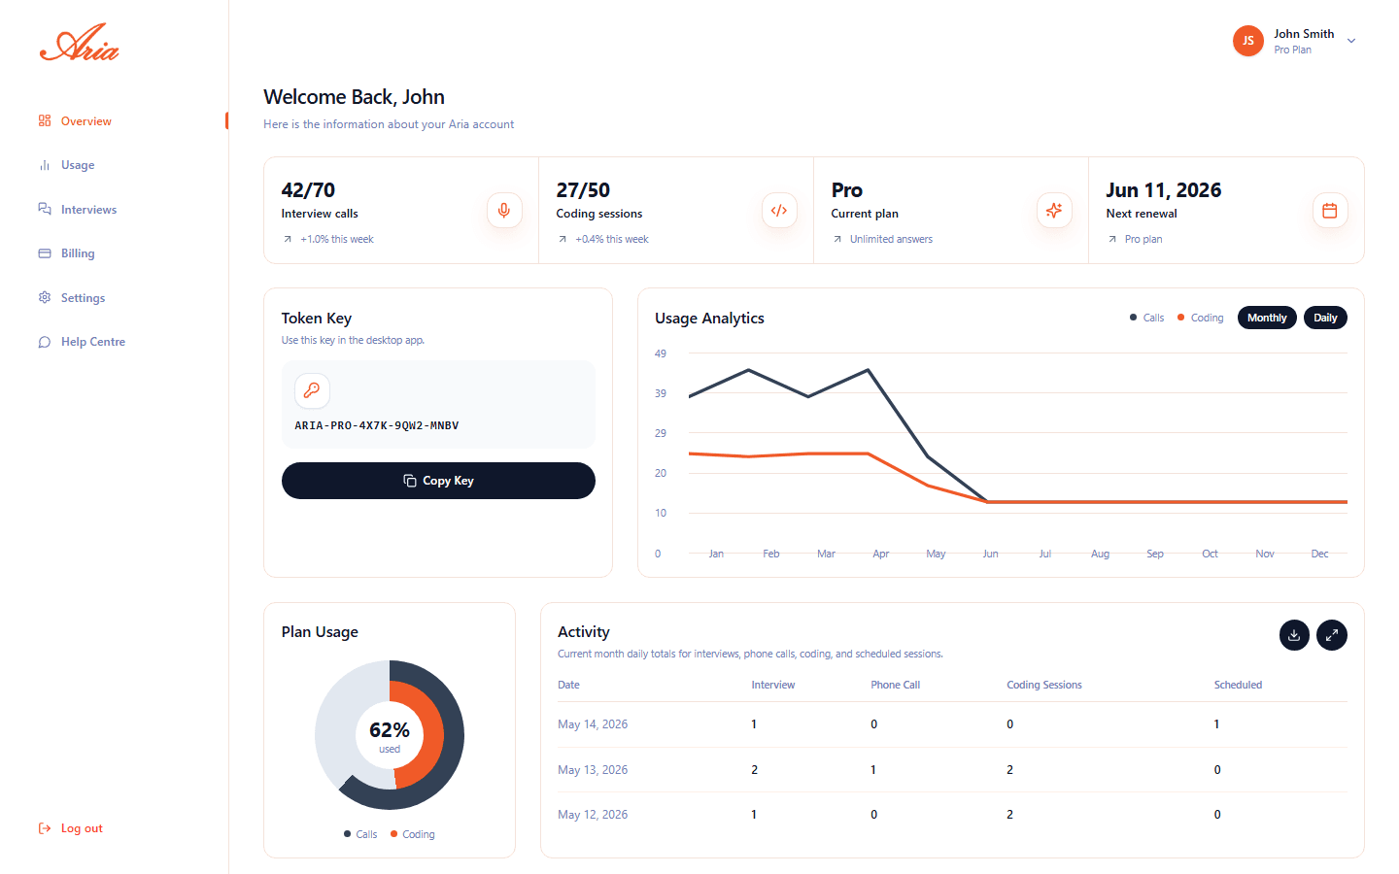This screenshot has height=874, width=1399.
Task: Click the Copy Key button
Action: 438,480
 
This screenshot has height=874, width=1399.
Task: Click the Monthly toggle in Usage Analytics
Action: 1267,318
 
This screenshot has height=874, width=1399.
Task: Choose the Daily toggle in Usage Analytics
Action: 1325,318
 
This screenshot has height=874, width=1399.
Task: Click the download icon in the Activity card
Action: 1294,635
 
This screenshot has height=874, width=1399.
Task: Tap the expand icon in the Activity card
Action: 1332,635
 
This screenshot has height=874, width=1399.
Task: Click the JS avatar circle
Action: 1247,41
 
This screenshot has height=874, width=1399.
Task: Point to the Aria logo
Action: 80,43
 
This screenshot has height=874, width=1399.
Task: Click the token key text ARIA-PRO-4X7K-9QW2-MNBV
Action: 377,425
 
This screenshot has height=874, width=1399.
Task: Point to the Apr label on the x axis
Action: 880,554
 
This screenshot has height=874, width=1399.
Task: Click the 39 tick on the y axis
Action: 661,393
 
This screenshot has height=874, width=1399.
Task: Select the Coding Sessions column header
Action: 1044,685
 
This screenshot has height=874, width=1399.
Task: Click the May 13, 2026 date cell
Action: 593,770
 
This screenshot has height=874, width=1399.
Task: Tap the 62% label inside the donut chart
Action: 389,729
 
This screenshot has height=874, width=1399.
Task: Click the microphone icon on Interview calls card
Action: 504,211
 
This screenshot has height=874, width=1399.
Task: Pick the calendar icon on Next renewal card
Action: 1330,211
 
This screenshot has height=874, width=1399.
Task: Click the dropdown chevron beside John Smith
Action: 1350,41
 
